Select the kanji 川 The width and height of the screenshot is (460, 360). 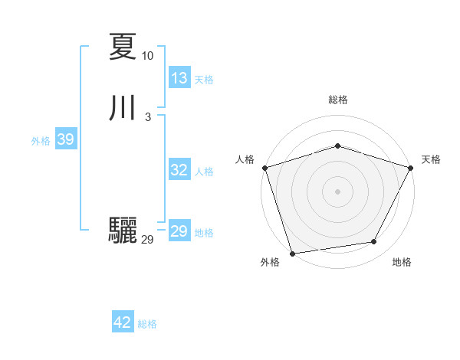coord(123,108)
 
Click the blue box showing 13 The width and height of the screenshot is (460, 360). coord(179,78)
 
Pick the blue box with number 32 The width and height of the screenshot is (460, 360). coord(179,170)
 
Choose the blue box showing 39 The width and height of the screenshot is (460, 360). coord(65,140)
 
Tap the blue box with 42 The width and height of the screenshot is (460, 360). coord(123,322)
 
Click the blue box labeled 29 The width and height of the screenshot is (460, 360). coord(179,231)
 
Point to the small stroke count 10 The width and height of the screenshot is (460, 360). coord(147,56)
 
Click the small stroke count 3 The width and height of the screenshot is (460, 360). coord(147,117)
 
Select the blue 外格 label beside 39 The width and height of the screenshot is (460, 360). coord(41,141)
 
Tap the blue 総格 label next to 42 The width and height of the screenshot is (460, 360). coord(147,324)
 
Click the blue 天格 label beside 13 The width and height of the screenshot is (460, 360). coord(204,80)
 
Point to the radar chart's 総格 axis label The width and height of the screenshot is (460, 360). coord(338,100)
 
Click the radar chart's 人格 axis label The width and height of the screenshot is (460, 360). coord(245,159)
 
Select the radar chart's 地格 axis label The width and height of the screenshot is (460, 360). coord(402,262)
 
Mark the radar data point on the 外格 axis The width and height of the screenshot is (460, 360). coord(292,252)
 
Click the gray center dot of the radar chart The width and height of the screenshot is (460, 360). coord(337,191)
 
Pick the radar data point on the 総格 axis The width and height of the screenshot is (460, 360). coord(337,146)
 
